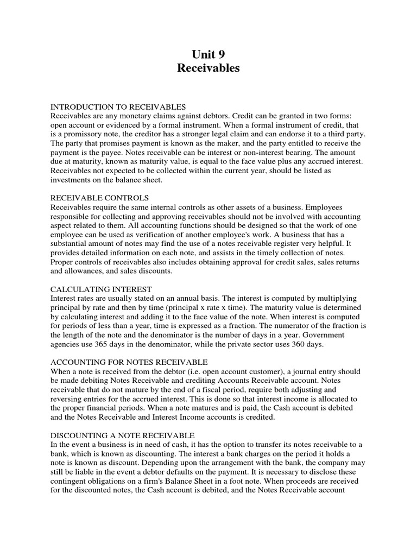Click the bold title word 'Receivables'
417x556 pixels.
pyautogui.click(x=208, y=68)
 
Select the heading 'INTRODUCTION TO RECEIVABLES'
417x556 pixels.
pyautogui.click(x=118, y=106)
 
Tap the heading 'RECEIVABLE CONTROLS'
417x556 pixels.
pyautogui.click(x=99, y=198)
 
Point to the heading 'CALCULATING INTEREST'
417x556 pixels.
pyautogui.click(x=101, y=289)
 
